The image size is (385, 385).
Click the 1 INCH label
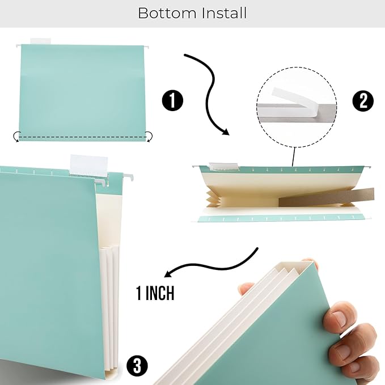tap(155, 293)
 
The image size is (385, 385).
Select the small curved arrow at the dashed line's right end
tap(150, 136)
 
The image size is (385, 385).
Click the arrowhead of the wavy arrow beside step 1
tap(225, 132)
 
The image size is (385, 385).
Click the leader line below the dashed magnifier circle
tap(293, 155)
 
